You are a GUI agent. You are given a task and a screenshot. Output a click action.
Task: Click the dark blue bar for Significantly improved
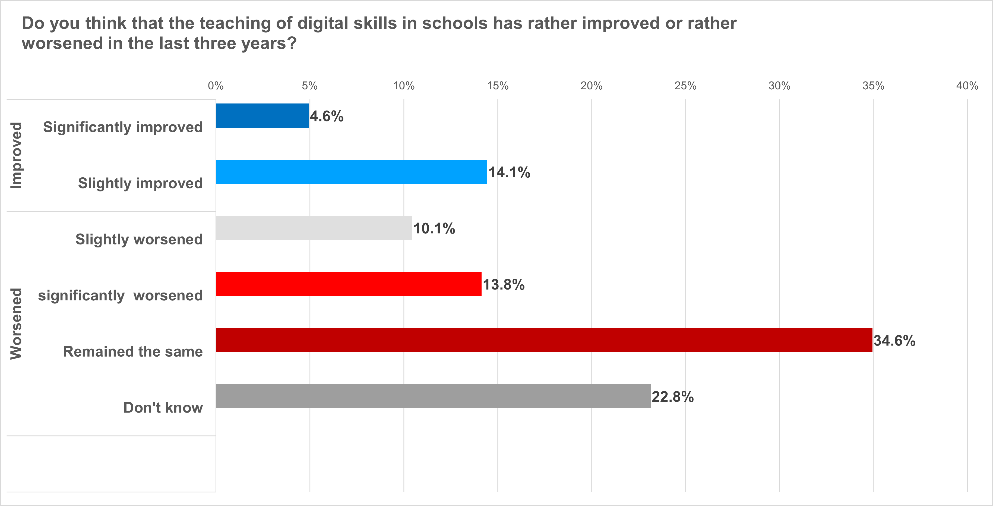pos(262,115)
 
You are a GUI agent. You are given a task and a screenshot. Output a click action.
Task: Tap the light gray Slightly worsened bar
pos(314,228)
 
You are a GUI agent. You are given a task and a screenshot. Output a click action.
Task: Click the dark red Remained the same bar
pos(544,340)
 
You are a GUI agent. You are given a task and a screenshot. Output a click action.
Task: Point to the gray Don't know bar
pos(433,396)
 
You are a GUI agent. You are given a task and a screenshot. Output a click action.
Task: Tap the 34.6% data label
pos(894,341)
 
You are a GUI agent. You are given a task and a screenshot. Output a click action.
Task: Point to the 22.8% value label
pos(673,397)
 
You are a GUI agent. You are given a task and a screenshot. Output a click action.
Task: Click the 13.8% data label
pos(504,285)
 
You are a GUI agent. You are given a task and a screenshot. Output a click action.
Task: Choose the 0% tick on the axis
pos(216,86)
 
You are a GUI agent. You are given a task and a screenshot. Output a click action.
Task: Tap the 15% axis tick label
pos(498,86)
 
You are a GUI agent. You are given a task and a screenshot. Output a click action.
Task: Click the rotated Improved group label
pos(16,155)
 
